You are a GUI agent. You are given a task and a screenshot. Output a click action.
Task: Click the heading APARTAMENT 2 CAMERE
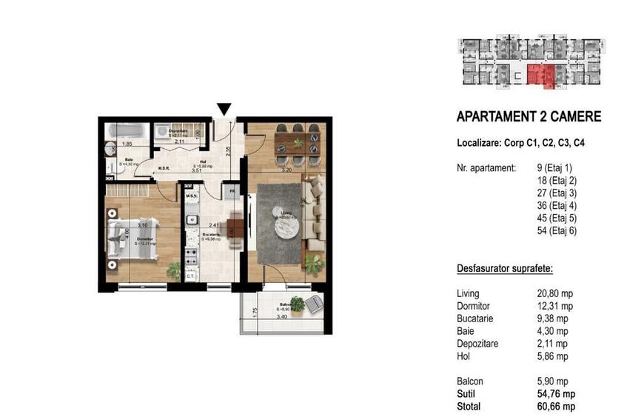coord(529,116)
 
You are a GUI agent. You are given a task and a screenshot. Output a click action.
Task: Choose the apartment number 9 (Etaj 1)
coord(551,168)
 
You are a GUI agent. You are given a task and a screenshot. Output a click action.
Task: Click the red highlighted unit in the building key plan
coord(546,76)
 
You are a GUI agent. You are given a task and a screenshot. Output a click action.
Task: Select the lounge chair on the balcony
coord(315,303)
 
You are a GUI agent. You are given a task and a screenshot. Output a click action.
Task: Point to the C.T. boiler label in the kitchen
coord(190,276)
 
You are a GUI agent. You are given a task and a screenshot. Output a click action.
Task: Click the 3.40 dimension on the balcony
coord(281,316)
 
